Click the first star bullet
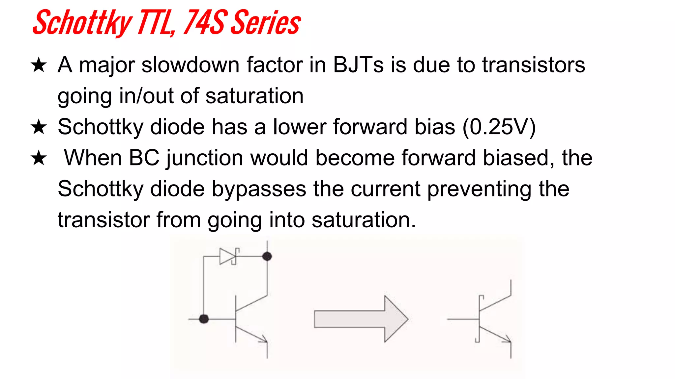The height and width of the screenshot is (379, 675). pyautogui.click(x=39, y=65)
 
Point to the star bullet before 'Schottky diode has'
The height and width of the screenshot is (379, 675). pyautogui.click(x=39, y=127)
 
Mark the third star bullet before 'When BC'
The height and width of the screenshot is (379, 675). pyautogui.click(x=39, y=158)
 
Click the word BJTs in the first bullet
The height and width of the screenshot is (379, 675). pyautogui.click(x=358, y=64)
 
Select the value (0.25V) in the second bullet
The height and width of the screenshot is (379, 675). pyautogui.click(x=499, y=127)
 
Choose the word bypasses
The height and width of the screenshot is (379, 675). pyautogui.click(x=259, y=189)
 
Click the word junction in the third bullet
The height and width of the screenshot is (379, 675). pyautogui.click(x=205, y=159)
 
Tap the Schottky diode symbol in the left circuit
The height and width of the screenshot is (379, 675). pyautogui.click(x=228, y=256)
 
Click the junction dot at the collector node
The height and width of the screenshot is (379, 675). pyautogui.click(x=267, y=256)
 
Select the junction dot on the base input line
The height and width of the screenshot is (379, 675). pyautogui.click(x=204, y=319)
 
